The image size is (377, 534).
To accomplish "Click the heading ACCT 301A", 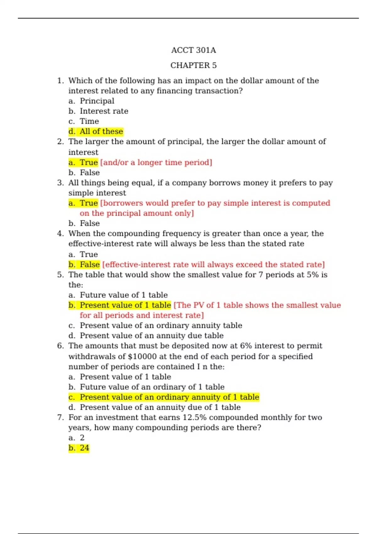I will (x=194, y=50).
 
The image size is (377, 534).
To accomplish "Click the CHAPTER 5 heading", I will (x=194, y=65).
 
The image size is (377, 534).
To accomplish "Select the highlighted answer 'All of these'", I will (x=101, y=131).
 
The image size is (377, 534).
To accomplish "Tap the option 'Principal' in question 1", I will (x=97, y=101).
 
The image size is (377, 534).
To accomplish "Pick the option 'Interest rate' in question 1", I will (x=104, y=111).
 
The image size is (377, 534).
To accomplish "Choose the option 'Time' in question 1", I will (x=89, y=121).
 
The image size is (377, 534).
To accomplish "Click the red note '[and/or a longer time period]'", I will (x=156, y=162).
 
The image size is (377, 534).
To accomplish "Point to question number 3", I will (x=60, y=183).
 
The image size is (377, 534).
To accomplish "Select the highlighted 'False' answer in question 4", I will (x=90, y=264).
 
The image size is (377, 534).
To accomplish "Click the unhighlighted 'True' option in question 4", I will (x=89, y=254).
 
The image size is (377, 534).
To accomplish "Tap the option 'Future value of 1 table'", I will (x=123, y=295).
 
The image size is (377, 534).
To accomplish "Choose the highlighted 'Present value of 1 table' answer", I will (x=125, y=305).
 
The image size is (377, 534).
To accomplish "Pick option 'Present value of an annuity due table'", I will (x=151, y=335).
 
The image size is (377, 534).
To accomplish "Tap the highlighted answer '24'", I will (x=84, y=448).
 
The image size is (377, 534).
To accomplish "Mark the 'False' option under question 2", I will (x=90, y=172).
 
